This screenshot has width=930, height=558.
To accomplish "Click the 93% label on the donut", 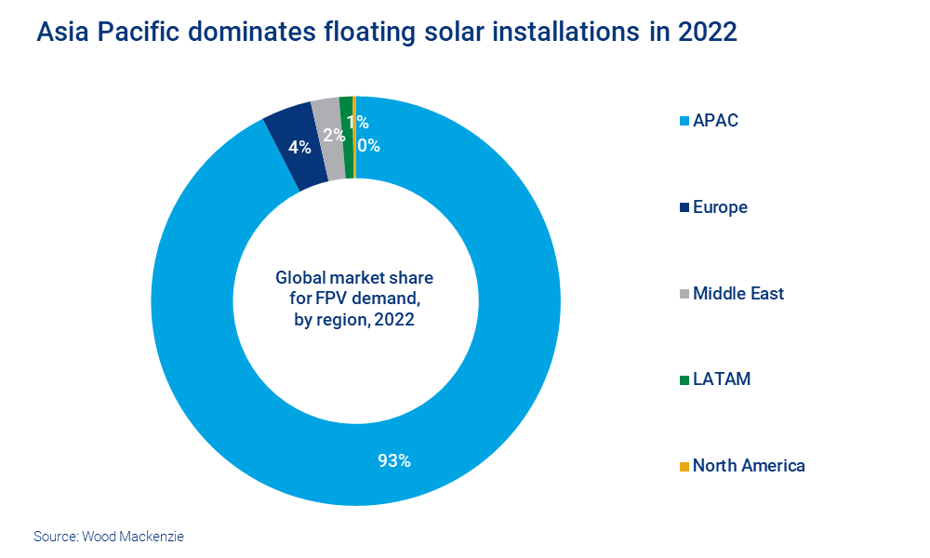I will coord(394,460).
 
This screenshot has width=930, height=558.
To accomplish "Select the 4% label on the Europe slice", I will coord(299,147).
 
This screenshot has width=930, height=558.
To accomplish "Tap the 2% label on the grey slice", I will coord(334,135).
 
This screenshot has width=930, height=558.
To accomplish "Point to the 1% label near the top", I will coord(357,122).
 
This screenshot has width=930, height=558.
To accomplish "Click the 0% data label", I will coord(368,145).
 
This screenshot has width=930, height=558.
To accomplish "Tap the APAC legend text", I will coord(715,121).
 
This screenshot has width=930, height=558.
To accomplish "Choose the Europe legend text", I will coord(720,207).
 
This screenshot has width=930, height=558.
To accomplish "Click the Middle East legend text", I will coord(738,294).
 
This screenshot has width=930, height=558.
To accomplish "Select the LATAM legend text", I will coord(722,379).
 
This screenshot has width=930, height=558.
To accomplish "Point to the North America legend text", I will coord(749,466).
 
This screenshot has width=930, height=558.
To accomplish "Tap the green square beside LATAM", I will coord(684,380).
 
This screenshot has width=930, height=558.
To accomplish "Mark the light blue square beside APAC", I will coord(684,122).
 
